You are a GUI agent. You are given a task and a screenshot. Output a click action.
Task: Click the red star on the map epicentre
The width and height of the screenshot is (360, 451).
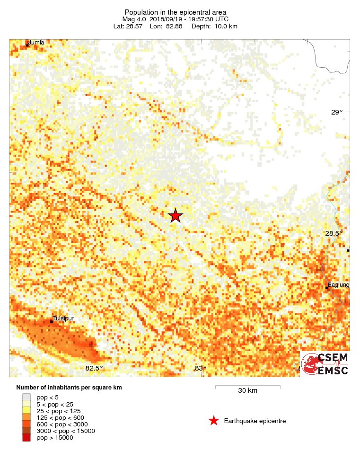click(176, 215)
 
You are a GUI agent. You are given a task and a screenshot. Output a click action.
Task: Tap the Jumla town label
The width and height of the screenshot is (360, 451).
click(36, 43)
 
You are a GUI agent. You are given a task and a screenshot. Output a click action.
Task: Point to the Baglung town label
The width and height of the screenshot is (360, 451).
click(338, 285)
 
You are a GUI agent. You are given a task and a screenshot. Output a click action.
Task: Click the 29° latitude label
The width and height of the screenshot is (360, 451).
click(336, 112)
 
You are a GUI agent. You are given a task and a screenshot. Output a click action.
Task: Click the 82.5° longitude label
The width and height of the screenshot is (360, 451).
click(94, 368)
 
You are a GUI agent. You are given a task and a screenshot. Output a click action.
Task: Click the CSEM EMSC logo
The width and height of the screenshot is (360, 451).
click(325, 364)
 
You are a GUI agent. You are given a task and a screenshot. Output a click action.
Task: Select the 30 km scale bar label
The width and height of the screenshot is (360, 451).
click(247, 390)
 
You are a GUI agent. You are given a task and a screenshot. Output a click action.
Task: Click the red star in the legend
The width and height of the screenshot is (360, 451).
click(214, 421)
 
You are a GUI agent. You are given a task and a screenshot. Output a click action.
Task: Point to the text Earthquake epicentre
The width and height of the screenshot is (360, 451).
click(255, 421)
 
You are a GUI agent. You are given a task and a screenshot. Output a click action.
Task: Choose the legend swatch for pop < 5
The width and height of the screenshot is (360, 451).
click(26, 397)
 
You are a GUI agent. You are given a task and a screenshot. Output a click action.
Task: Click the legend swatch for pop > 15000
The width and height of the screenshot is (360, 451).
click(26, 438)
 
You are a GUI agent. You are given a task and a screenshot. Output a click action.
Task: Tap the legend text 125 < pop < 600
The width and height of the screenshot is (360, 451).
click(60, 417)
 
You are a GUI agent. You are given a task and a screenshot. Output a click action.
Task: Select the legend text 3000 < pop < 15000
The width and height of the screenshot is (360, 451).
click(66, 431)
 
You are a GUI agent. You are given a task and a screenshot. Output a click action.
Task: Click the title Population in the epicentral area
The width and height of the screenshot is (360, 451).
click(176, 12)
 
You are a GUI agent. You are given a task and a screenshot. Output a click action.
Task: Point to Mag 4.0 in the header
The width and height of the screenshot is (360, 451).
click(133, 19)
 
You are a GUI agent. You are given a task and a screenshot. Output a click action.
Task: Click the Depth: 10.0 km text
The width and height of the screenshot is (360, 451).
click(214, 26)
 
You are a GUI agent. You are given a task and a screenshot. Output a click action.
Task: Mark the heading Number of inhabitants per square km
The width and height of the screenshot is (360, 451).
click(69, 387)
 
